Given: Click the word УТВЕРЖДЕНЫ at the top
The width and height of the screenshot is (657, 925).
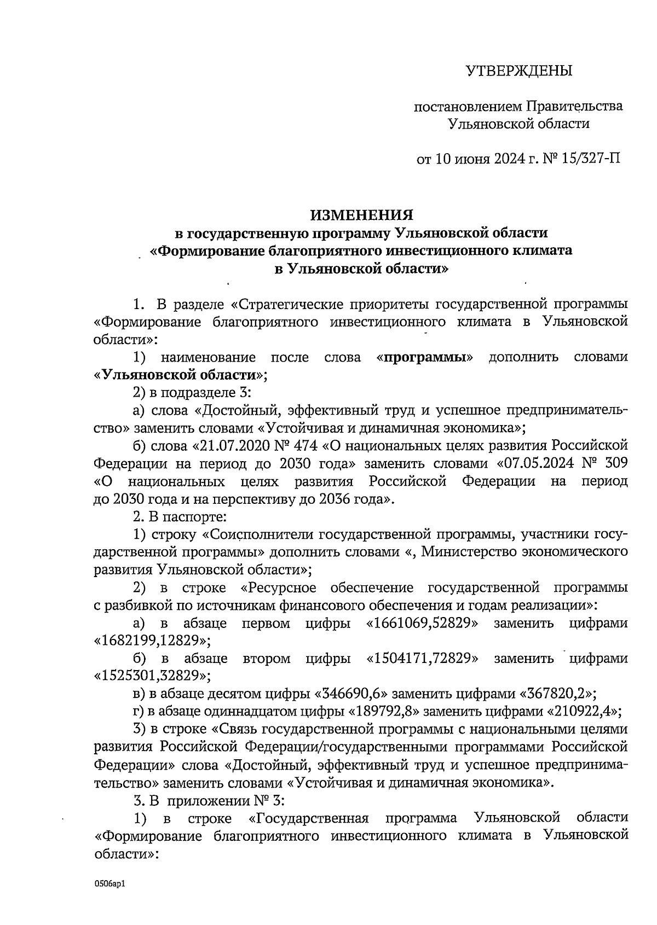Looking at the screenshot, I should pyautogui.click(x=518, y=71).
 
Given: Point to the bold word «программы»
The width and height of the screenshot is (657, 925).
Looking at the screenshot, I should pyautogui.click(x=427, y=358).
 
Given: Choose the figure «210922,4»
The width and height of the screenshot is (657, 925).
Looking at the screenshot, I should pyautogui.click(x=584, y=712).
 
